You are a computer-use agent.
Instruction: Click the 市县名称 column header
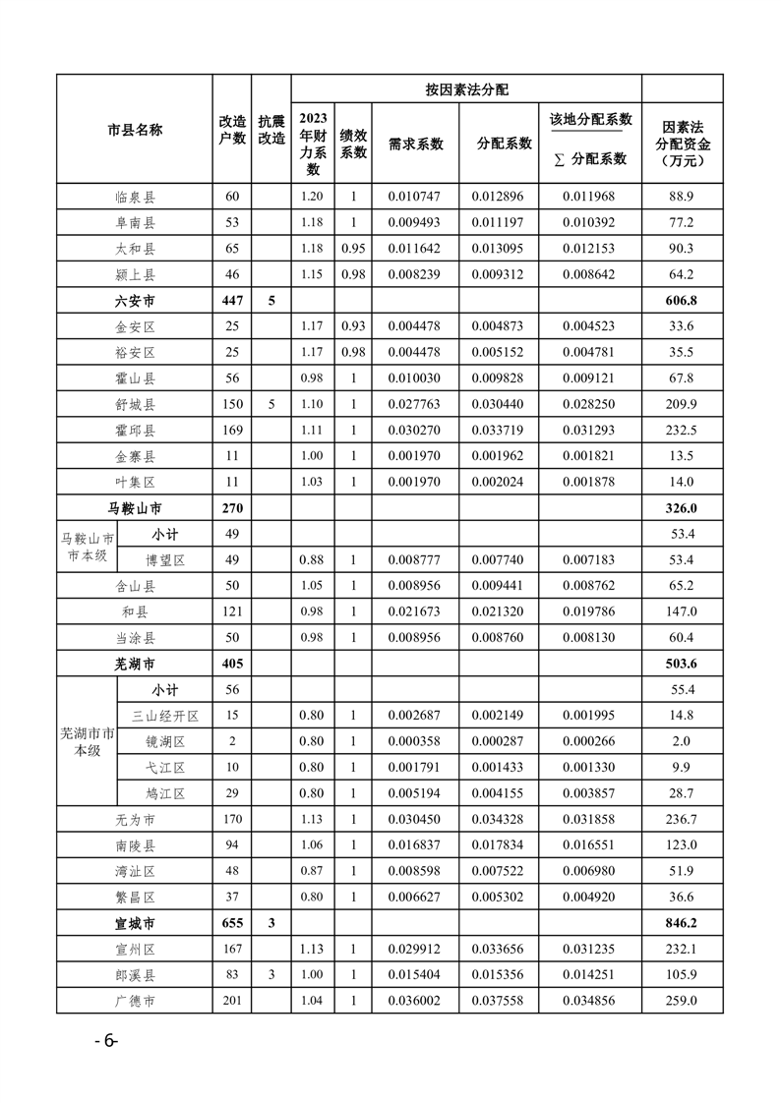point(135,130)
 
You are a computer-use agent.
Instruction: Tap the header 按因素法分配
point(466,89)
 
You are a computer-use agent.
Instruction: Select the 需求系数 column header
point(415,144)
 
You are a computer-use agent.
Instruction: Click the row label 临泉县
point(135,197)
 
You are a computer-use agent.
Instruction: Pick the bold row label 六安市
point(135,300)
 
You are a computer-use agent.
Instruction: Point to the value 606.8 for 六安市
point(682,300)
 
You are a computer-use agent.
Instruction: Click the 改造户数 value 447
point(231,300)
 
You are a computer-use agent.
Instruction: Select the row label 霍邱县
point(135,430)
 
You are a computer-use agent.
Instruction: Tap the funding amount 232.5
point(682,430)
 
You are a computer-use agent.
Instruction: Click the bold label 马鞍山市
point(135,508)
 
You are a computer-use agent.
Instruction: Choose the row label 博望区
point(165,560)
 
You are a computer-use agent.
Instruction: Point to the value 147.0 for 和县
point(682,611)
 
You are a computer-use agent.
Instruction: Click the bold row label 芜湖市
point(135,664)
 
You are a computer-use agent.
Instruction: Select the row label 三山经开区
point(165,716)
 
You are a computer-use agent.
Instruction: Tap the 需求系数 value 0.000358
point(415,741)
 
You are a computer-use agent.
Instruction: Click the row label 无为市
point(135,819)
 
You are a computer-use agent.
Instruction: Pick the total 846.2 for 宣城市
point(682,923)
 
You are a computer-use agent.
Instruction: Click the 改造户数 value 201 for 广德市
point(231,1001)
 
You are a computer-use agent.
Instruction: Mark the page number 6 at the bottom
point(105,1042)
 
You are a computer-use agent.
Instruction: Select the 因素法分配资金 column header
point(682,144)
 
